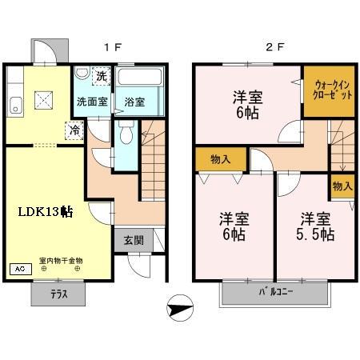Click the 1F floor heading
tap(112, 46)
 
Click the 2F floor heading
tap(274, 46)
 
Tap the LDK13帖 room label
tap(46, 212)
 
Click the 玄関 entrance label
tap(133, 240)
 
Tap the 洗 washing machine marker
tap(101, 77)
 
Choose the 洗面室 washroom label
tap(91, 102)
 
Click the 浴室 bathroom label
tap(134, 102)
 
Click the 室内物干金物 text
tap(60, 260)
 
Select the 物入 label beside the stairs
tap(342, 186)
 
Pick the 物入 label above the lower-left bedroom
tap(221, 158)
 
